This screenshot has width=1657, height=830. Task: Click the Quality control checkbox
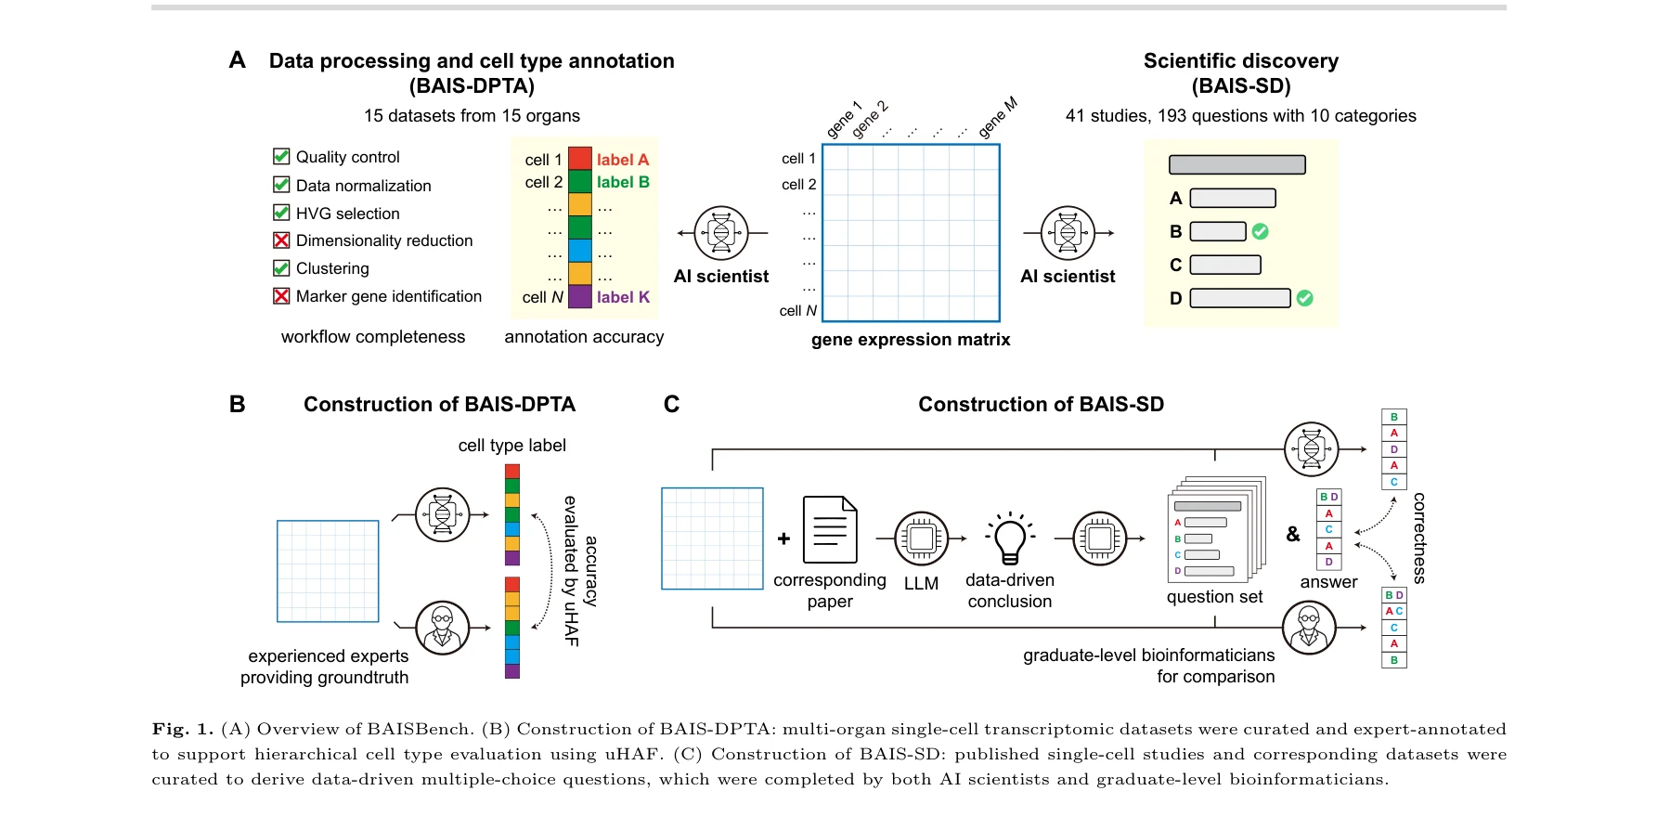pos(281,157)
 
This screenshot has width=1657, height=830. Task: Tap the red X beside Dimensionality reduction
pos(281,240)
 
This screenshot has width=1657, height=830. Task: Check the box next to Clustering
pos(281,268)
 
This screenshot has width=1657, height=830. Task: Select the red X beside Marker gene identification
pos(281,296)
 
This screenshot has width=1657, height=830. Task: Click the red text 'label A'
pos(622,160)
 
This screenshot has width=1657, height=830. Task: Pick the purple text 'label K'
pos(623,297)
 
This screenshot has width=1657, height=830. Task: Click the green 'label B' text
pos(622,182)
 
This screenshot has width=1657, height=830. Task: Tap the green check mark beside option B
pos(1260,231)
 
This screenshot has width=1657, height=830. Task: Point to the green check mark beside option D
pos(1304,298)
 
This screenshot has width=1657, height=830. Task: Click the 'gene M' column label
pos(998,118)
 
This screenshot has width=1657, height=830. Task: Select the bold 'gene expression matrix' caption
pos(911,340)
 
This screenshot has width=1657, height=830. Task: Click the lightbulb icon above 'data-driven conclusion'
pos(1009,538)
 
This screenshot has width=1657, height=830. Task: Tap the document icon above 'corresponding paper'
pos(830,530)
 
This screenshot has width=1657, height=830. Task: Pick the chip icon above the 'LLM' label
pos(921,538)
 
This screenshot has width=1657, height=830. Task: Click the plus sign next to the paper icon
pos(784,538)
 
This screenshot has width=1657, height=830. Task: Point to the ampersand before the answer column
pos(1293,534)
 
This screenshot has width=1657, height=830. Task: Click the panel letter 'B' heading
pos(238,404)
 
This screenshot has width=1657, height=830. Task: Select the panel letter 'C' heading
pos(671,404)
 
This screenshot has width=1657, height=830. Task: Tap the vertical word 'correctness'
pos(1418,538)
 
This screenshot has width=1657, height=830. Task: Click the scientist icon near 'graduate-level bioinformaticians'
pos(1309,628)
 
